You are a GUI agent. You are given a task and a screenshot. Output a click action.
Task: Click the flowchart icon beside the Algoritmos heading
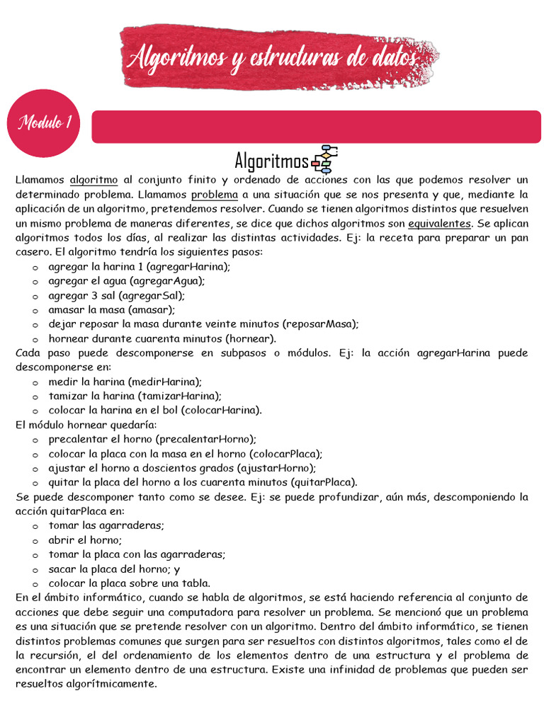pyautogui.click(x=325, y=159)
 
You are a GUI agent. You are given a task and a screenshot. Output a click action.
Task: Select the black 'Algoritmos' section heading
pyautogui.click(x=271, y=159)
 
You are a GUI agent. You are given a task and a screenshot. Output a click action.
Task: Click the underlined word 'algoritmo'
pyautogui.click(x=94, y=180)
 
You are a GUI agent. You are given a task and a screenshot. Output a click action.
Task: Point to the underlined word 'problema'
pyautogui.click(x=214, y=195)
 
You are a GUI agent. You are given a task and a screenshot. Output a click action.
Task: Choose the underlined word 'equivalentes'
pyautogui.click(x=439, y=224)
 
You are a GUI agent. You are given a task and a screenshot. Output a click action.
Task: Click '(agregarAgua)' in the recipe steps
pyautogui.click(x=166, y=280)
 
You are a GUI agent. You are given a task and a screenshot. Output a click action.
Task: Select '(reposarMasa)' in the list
pyautogui.click(x=320, y=324)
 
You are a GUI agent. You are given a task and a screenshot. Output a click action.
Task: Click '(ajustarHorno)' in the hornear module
pyautogui.click(x=277, y=468)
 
